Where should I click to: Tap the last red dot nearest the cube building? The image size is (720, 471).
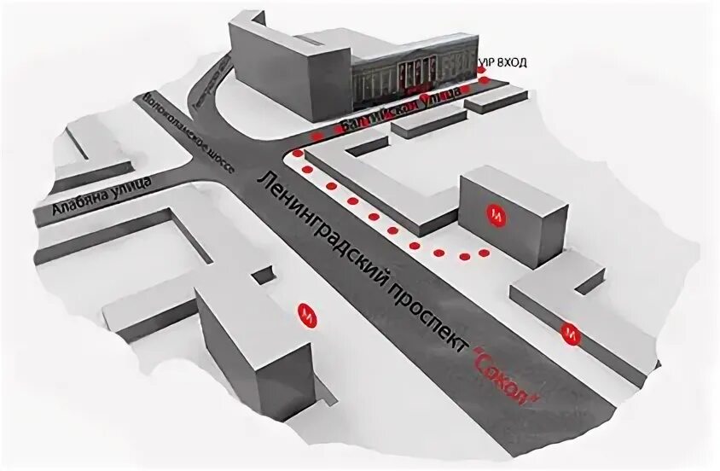coord(484,253)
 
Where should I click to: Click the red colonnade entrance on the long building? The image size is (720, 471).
coord(417,74)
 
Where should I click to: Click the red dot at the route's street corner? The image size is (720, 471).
coord(297,154)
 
